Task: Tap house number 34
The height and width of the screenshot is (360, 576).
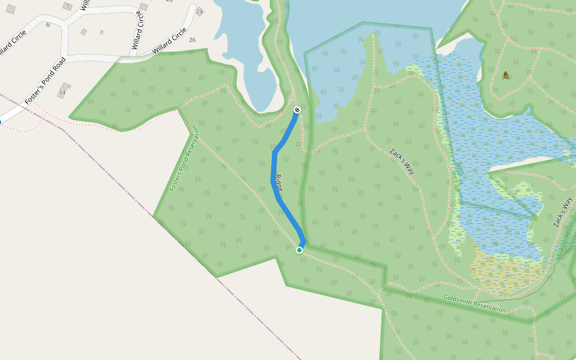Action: (62, 93)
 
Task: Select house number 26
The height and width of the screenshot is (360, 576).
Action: (192, 40)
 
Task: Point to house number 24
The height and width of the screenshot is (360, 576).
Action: (199, 12)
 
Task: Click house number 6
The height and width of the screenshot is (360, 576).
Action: (48, 25)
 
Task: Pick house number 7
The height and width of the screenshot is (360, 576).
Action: (67, 6)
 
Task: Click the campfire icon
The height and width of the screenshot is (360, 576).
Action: (506, 75)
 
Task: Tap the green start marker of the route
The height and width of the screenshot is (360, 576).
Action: (299, 250)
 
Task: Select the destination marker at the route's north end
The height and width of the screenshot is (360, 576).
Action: (296, 110)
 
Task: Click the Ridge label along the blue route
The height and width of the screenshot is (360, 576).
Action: (278, 182)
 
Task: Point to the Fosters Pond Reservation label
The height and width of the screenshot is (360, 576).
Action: (184, 158)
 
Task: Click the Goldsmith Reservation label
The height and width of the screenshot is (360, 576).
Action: (474, 304)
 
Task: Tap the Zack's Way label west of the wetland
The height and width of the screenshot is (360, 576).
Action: (401, 161)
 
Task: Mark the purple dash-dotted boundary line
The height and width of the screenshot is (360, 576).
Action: (180, 240)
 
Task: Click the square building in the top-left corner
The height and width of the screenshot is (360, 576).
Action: (11, 9)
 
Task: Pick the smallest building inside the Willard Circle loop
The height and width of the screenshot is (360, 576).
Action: (101, 32)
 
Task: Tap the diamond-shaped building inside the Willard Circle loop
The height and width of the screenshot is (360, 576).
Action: (84, 32)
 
